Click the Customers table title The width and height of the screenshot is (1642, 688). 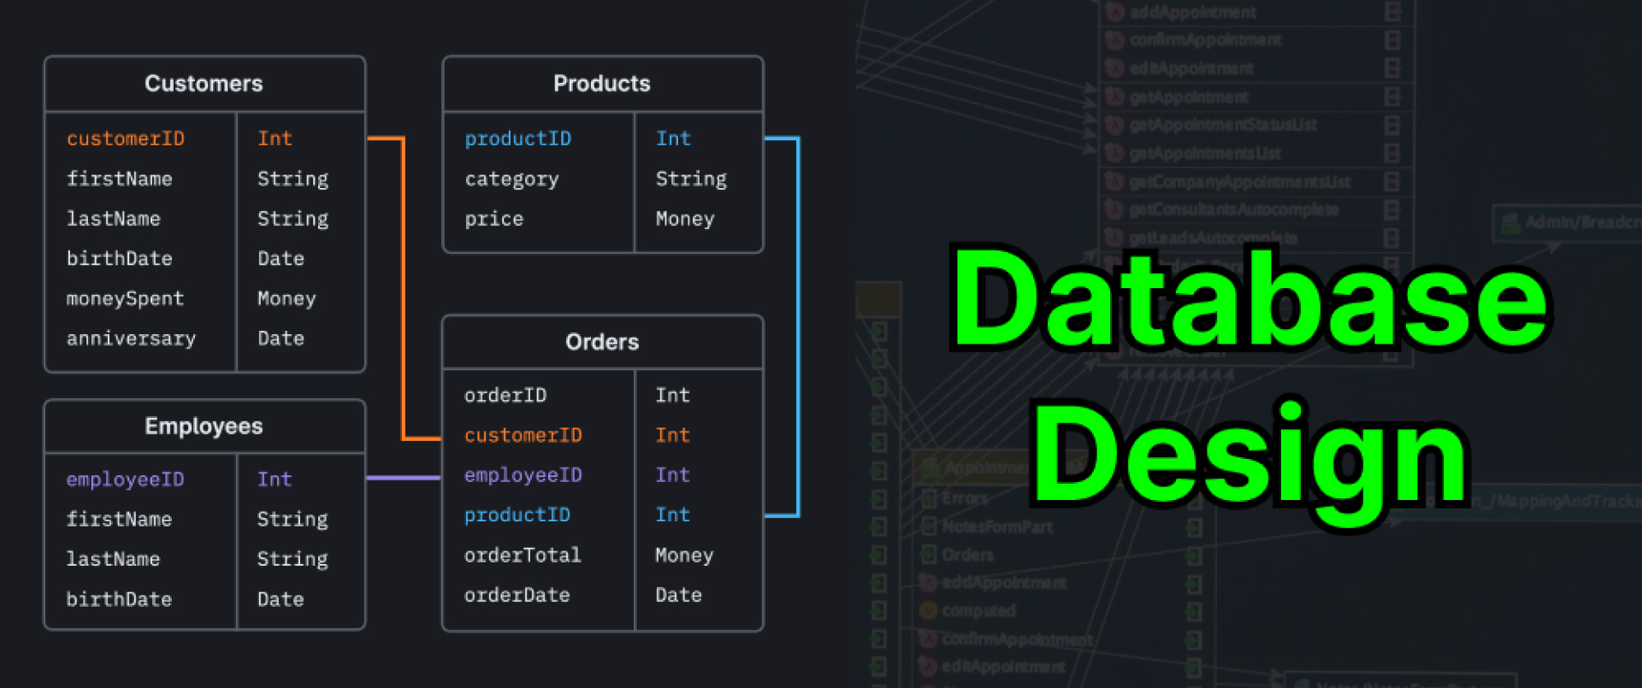pos(204,84)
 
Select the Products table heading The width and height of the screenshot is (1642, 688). pos(601,84)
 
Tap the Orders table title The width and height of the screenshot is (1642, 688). pos(602,342)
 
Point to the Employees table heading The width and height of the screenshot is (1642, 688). pos(204,426)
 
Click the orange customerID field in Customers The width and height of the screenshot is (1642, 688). pos(126,138)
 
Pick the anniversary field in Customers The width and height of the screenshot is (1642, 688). pos(131,338)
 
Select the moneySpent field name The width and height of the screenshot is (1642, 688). pos(125,298)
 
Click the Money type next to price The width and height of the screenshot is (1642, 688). pos(684,219)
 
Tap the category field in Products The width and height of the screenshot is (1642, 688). pos(511,179)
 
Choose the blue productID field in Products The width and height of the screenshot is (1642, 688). pos(517,138)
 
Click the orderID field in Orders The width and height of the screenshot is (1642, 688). pos(505,395)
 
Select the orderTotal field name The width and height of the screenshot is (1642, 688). pos(523,555)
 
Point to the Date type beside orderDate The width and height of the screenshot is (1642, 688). pos(678,595)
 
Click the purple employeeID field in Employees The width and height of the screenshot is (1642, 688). pos(125,479)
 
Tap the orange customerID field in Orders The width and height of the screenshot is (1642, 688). pos(523,435)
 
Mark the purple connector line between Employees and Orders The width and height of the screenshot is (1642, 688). pos(403,478)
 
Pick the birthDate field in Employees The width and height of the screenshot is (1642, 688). pos(119,599)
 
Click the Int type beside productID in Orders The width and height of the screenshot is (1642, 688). pos(672,515)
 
